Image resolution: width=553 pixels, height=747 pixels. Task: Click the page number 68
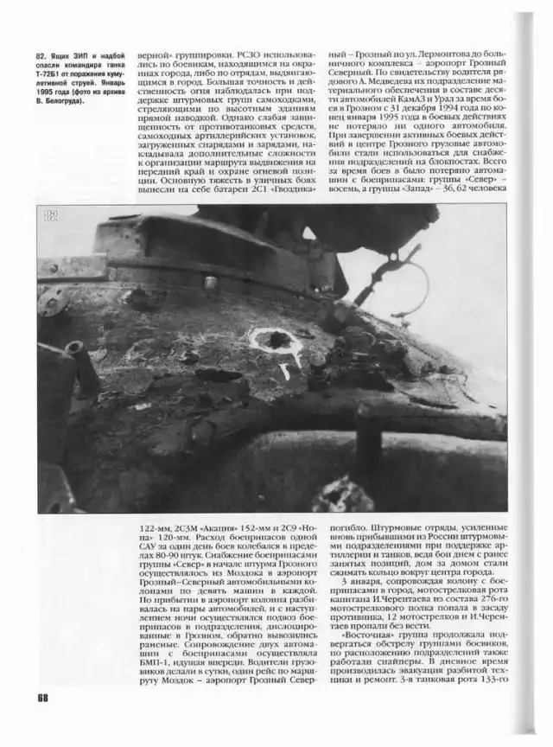(x=42, y=698)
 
